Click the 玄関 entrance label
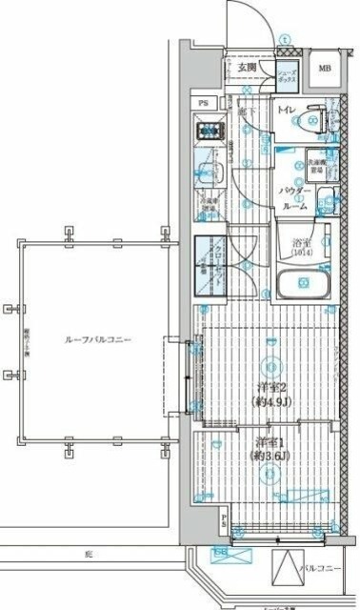coord(247,68)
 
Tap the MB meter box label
coord(325,68)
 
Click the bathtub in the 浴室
coord(300,283)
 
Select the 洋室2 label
coord(271,387)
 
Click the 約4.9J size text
coord(271,401)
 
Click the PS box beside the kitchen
coord(203,102)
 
